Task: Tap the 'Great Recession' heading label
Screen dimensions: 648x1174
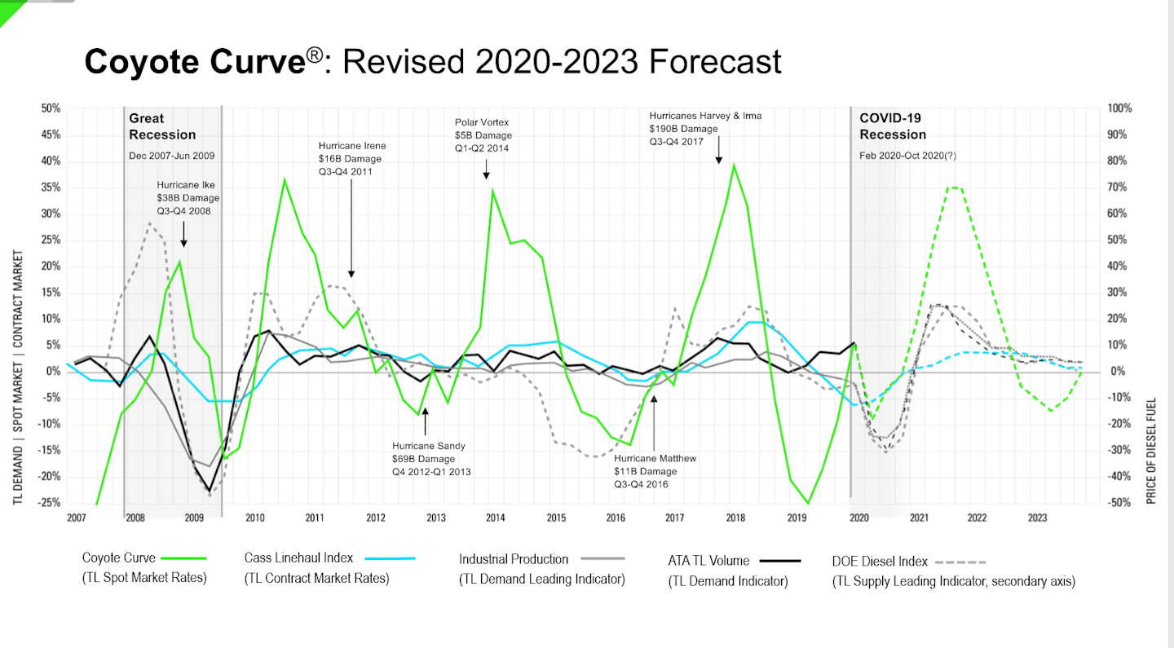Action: pyautogui.click(x=162, y=126)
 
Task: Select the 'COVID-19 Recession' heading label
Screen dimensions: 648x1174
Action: pyautogui.click(x=893, y=126)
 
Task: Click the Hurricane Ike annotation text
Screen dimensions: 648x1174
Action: pyautogui.click(x=188, y=198)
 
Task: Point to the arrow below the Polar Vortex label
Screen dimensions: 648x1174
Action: pyautogui.click(x=486, y=170)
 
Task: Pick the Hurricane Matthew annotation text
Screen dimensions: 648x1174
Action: pyautogui.click(x=655, y=471)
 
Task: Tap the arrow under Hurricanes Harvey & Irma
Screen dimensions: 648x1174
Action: pyautogui.click(x=718, y=152)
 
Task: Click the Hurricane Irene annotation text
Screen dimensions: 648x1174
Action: pyautogui.click(x=352, y=159)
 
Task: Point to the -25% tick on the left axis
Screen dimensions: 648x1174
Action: pyautogui.click(x=50, y=503)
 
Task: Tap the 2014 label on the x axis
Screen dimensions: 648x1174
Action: pyautogui.click(x=495, y=518)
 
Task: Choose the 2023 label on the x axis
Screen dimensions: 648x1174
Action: pyautogui.click(x=1037, y=518)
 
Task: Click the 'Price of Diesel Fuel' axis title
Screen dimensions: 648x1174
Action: pyautogui.click(x=1151, y=451)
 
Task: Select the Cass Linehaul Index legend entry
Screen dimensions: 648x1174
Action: pyautogui.click(x=316, y=567)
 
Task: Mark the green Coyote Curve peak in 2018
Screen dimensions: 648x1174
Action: pyautogui.click(x=734, y=165)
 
